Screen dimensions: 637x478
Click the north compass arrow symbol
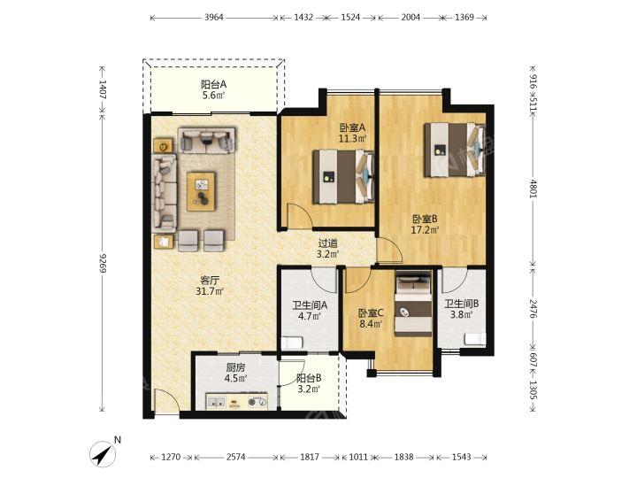104,453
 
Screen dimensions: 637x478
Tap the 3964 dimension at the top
214,18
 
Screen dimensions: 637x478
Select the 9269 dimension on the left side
103,263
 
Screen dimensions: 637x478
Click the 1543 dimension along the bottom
462,458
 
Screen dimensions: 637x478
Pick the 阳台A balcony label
213,85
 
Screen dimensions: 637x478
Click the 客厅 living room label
210,281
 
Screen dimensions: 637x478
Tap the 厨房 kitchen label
235,368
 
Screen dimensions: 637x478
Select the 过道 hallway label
327,243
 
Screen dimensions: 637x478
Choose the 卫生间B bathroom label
462,304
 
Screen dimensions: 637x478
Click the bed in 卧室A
343,176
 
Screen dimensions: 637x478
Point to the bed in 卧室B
455,150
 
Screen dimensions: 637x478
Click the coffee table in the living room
201,191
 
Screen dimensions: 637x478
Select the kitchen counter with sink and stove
237,401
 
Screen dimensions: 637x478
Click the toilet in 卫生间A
292,343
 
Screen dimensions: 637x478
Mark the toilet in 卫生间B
475,338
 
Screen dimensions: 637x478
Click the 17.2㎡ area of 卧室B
425,230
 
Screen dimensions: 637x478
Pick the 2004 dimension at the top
411,18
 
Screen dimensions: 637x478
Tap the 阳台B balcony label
309,378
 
